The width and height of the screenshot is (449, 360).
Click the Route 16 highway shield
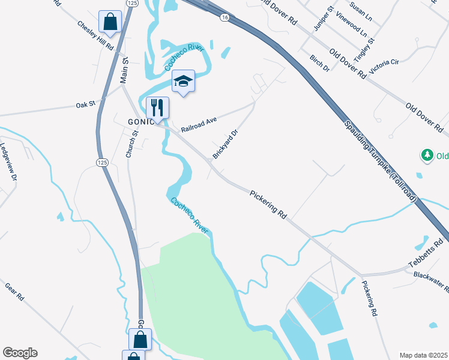pyautogui.click(x=224, y=19)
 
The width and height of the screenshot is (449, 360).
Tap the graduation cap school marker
pyautogui.click(x=184, y=82)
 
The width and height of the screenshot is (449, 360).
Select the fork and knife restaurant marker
pyautogui.click(x=157, y=107)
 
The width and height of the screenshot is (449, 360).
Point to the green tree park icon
pyautogui.click(x=427, y=156)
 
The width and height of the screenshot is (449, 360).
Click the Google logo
pyautogui.click(x=20, y=353)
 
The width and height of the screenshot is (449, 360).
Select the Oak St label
pyautogui.click(x=86, y=104)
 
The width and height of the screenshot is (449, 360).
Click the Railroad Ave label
pyautogui.click(x=198, y=124)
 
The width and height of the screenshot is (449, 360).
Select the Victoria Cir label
pyautogui.click(x=385, y=66)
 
